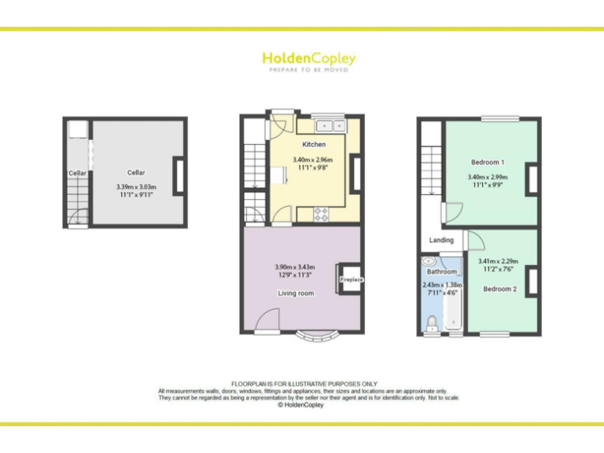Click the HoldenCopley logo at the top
tap(308, 60)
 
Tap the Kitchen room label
tap(314, 145)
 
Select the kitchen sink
tap(329, 125)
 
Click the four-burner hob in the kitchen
tap(322, 212)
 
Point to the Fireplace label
tap(351, 279)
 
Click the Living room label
tap(296, 293)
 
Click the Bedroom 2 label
tap(499, 289)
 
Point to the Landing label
tap(440, 240)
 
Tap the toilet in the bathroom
tap(432, 322)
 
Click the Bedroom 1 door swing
tap(451, 212)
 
